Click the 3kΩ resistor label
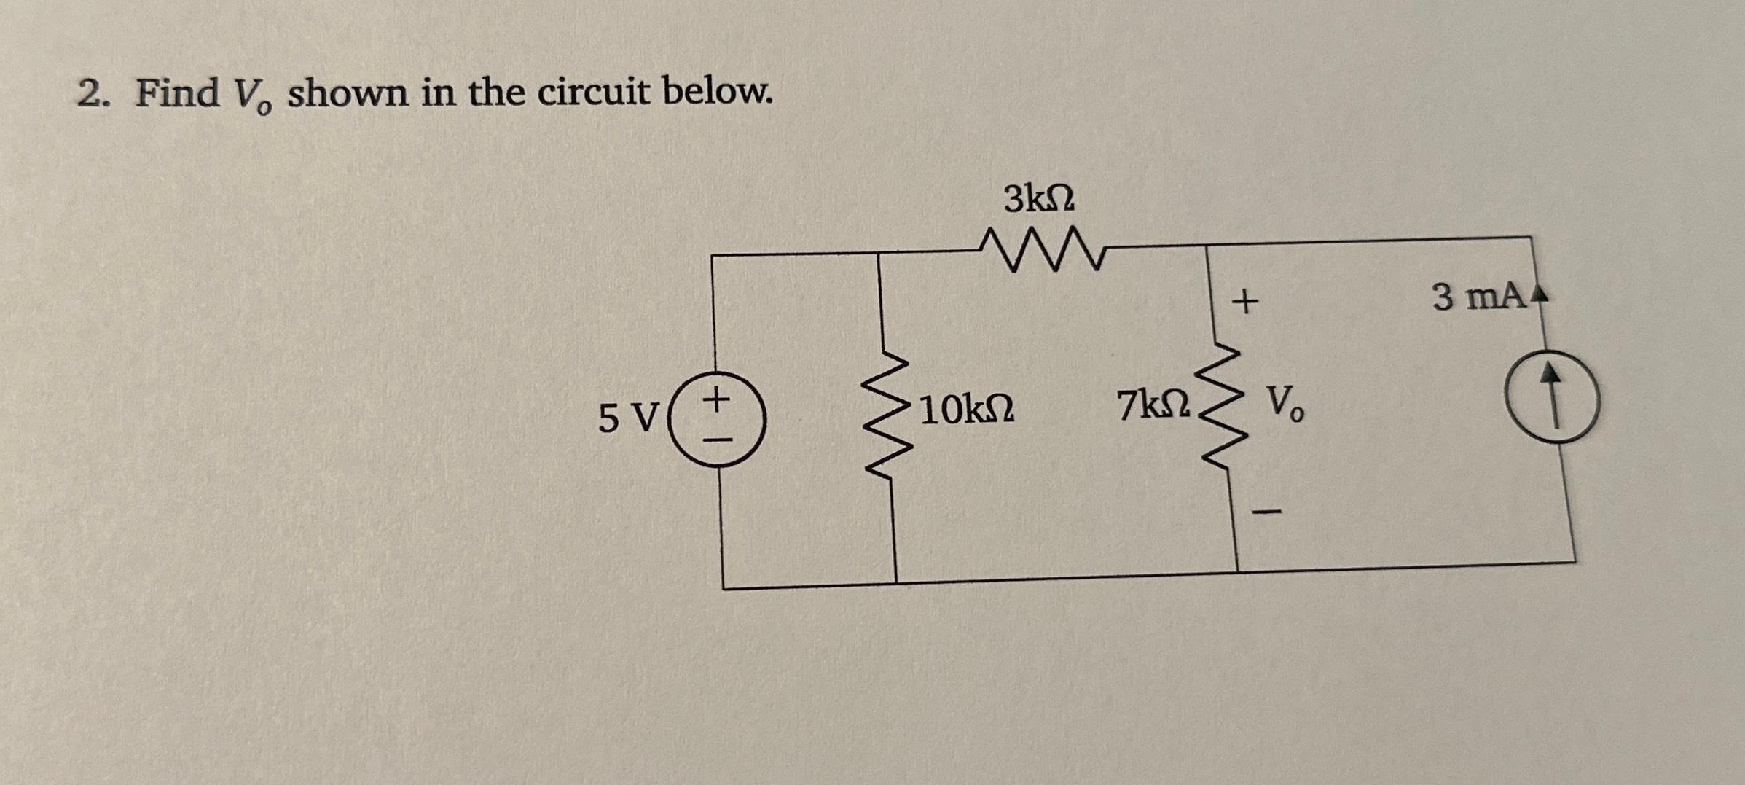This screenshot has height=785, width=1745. pos(1038,199)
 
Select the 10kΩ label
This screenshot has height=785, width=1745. pos(966,410)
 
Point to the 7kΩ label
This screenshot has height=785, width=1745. pos(1154,405)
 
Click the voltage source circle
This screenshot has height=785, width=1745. pos(718,419)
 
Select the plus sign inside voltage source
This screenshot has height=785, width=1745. pos(717,399)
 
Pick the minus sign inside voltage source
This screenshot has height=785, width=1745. pos(718,440)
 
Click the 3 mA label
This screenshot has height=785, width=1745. pos(1478,297)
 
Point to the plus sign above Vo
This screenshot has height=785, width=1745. pos(1245,301)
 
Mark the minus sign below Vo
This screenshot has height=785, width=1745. pos(1266,512)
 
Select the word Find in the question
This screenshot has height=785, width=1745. pos(177,93)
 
